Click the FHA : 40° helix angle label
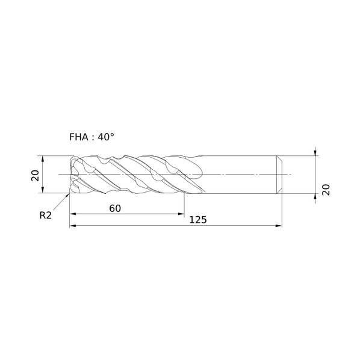point(92,137)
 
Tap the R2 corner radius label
point(46,216)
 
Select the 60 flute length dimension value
point(115,208)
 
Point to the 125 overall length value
point(198,220)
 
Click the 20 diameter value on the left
point(36,176)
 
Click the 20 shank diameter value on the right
point(326,190)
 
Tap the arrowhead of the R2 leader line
point(68,195)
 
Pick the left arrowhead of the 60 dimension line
point(73,214)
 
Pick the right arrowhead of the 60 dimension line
point(181,214)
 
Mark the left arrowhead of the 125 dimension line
point(73,226)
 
